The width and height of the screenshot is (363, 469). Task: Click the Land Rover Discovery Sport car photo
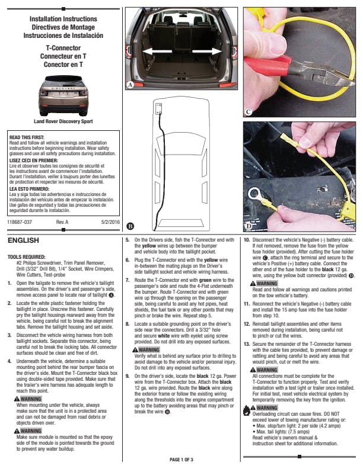click(x=63, y=96)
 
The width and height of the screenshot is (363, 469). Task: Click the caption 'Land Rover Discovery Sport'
click(x=63, y=121)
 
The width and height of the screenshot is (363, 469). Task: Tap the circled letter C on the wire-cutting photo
click(x=249, y=111)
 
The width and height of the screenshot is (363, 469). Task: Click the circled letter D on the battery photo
click(x=249, y=226)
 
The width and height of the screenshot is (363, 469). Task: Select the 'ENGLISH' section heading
click(x=23, y=241)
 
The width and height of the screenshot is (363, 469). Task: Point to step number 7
click(x=128, y=295)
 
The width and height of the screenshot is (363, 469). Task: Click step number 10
click(x=247, y=240)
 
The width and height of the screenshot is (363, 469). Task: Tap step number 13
click(x=247, y=343)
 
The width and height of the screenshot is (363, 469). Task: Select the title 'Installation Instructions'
click(x=63, y=20)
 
